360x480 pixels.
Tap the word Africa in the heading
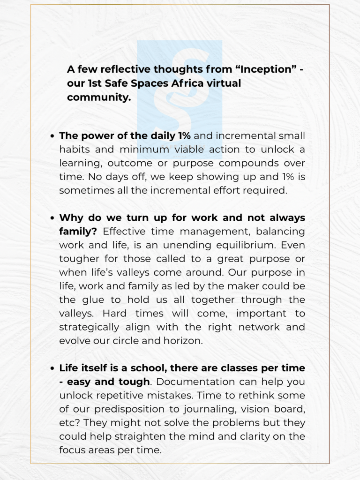185,83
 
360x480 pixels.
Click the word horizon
184,341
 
